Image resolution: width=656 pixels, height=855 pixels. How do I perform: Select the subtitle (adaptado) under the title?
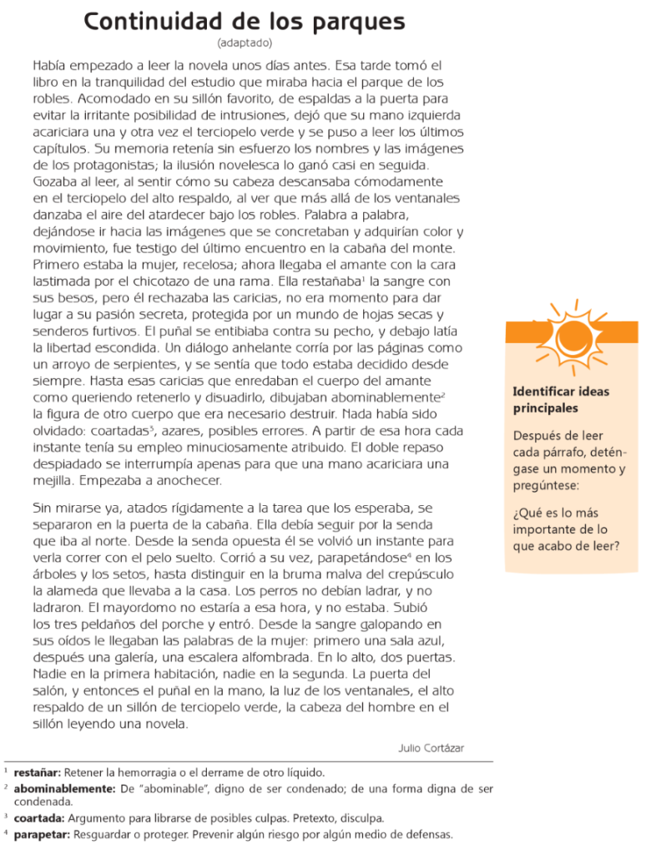tap(244, 43)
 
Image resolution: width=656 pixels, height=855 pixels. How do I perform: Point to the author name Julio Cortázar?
tap(431, 748)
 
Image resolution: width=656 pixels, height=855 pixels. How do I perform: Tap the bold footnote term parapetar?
tap(42, 834)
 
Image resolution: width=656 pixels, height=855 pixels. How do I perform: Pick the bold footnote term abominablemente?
tap(63, 787)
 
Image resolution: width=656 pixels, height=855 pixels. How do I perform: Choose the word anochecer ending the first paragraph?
tap(193, 480)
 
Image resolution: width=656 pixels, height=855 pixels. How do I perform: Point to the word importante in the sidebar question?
tap(544, 529)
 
